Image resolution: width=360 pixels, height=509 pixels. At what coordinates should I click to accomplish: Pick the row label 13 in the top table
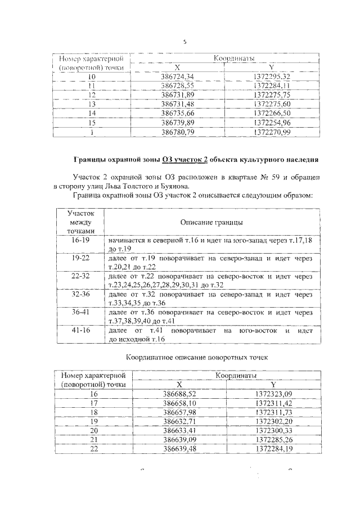pyautogui.click(x=92, y=103)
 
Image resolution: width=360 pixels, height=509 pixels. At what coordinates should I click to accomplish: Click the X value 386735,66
pyautogui.click(x=177, y=113)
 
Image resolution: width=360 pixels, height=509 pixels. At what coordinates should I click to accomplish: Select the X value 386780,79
pyautogui.click(x=177, y=132)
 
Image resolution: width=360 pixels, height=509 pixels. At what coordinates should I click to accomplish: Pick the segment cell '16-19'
pyautogui.click(x=81, y=240)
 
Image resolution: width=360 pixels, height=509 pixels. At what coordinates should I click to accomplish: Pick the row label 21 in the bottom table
pyautogui.click(x=93, y=439)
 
